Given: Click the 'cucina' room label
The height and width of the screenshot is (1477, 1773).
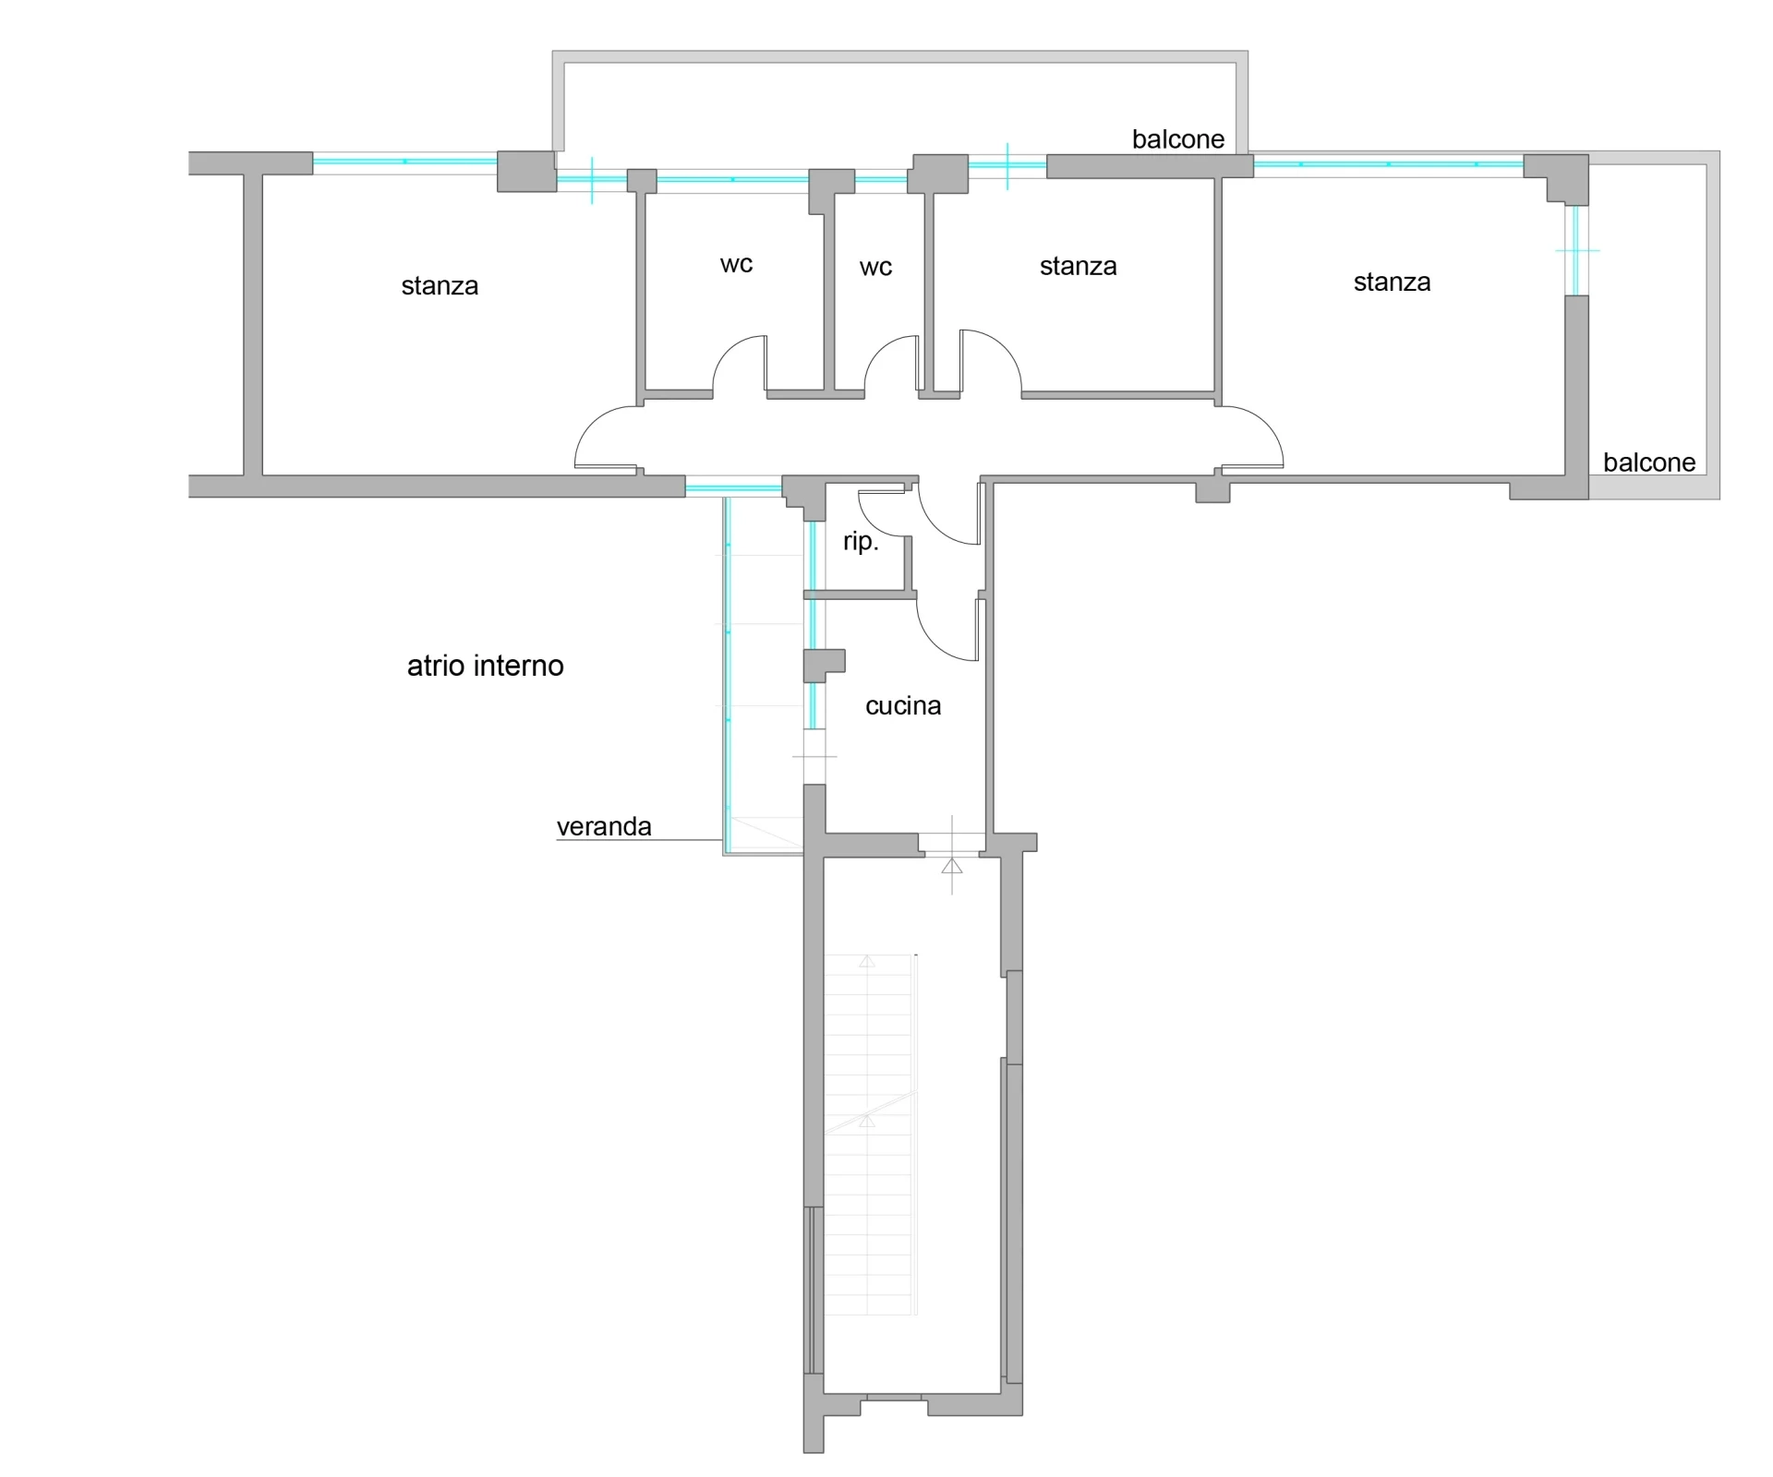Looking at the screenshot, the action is (903, 706).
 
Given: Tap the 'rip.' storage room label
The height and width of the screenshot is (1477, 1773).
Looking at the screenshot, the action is (861, 542).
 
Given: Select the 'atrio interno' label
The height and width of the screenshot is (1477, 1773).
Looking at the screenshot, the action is (486, 666).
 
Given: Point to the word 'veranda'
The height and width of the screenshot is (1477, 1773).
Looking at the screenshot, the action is (604, 826).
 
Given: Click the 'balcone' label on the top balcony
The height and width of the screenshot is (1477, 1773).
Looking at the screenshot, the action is (1178, 139).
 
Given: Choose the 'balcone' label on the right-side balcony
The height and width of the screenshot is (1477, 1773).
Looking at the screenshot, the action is (1649, 462).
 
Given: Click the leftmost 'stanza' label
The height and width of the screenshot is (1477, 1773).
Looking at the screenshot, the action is (440, 286).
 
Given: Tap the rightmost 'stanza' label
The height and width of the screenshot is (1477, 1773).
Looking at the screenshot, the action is (1392, 282).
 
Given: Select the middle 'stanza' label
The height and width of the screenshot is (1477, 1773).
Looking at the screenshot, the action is (1078, 267).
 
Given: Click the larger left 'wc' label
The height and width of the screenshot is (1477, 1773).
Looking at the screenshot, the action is (736, 265).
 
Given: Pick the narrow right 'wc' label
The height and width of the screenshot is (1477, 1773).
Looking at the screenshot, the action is (875, 268).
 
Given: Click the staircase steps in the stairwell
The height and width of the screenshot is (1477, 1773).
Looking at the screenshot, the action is (869, 1135).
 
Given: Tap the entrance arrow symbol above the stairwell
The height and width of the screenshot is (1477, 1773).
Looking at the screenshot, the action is (952, 865).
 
